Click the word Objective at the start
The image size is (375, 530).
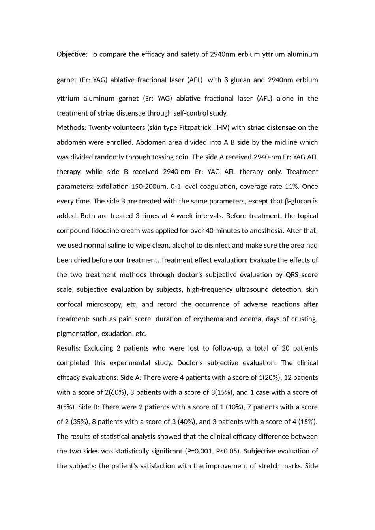(x=71, y=54)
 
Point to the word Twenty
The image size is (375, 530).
(x=99, y=128)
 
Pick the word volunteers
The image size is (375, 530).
(x=129, y=128)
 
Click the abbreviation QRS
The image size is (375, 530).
(x=292, y=275)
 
